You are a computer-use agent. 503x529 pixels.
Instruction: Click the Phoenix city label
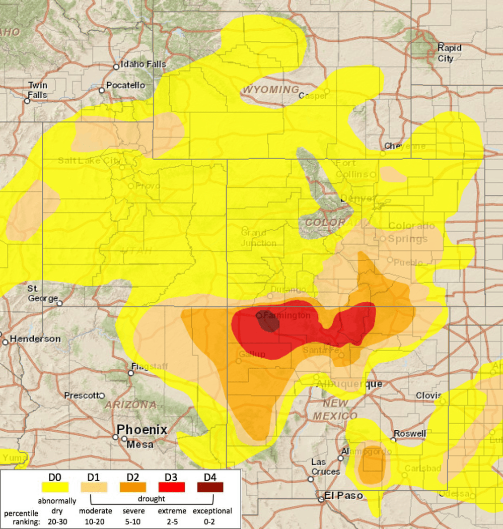(141, 430)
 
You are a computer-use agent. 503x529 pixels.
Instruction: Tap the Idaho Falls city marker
(116, 66)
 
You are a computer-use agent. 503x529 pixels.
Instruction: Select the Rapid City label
(449, 53)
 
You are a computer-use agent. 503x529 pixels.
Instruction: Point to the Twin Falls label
(37, 90)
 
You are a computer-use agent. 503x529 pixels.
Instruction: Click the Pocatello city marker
(102, 90)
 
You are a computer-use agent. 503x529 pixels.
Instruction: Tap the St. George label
(42, 294)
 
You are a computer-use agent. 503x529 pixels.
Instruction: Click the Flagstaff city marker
(131, 373)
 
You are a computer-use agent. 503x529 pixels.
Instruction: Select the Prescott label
(81, 395)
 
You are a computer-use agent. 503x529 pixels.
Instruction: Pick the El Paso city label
(343, 496)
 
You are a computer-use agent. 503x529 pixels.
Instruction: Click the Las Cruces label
(325, 467)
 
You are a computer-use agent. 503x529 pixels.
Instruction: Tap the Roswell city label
(410, 433)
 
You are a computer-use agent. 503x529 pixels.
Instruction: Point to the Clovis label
(428, 395)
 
